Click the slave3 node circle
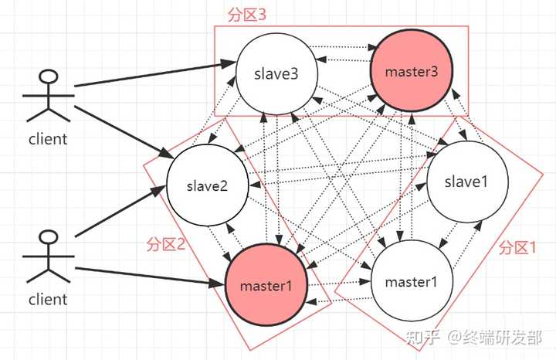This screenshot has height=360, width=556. (276, 74)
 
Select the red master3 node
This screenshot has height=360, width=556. (411, 72)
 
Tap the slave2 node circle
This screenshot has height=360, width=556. (208, 185)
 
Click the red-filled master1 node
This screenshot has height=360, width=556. (266, 284)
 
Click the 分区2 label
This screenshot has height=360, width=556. (165, 244)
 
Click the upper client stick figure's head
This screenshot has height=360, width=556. (48, 77)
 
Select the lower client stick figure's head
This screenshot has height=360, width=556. (48, 236)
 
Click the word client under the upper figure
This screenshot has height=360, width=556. (48, 139)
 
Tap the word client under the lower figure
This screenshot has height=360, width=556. (48, 298)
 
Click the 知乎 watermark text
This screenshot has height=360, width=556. (423, 337)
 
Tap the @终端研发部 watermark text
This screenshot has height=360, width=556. (497, 337)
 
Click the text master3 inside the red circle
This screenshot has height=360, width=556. (411, 72)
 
